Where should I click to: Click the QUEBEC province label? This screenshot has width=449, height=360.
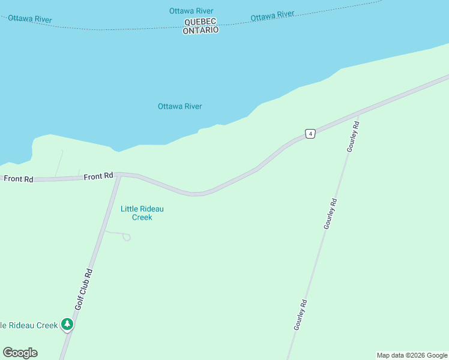[200, 22]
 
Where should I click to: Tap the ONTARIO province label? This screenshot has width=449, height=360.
[200, 30]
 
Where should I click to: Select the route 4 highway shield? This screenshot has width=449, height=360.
[310, 133]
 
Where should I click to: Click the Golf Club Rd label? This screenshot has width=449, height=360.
[83, 289]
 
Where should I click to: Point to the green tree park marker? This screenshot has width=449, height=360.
[67, 325]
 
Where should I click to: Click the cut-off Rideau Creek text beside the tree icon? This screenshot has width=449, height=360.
[29, 325]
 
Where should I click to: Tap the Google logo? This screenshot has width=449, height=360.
[20, 353]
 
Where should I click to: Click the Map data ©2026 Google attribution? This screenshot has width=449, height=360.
[412, 355]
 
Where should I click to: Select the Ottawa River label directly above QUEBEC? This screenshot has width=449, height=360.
[191, 11]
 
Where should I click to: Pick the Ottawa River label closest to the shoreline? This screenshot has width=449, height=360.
[179, 106]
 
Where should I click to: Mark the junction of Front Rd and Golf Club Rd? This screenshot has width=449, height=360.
[118, 175]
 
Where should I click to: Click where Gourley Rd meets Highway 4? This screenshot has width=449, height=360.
[358, 113]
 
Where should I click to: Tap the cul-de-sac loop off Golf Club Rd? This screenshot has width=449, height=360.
[126, 237]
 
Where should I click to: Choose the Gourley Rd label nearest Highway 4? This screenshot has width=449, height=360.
[354, 137]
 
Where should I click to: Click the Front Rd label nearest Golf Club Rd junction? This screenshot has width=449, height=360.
[98, 176]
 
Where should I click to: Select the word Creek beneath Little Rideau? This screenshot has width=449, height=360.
[142, 217]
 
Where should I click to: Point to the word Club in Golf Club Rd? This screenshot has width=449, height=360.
[83, 287]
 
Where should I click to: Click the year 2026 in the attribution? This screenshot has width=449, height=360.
[418, 355]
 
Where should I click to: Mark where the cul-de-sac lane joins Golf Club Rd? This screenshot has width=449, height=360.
[104, 230]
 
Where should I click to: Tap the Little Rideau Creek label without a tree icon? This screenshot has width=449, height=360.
[142, 213]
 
